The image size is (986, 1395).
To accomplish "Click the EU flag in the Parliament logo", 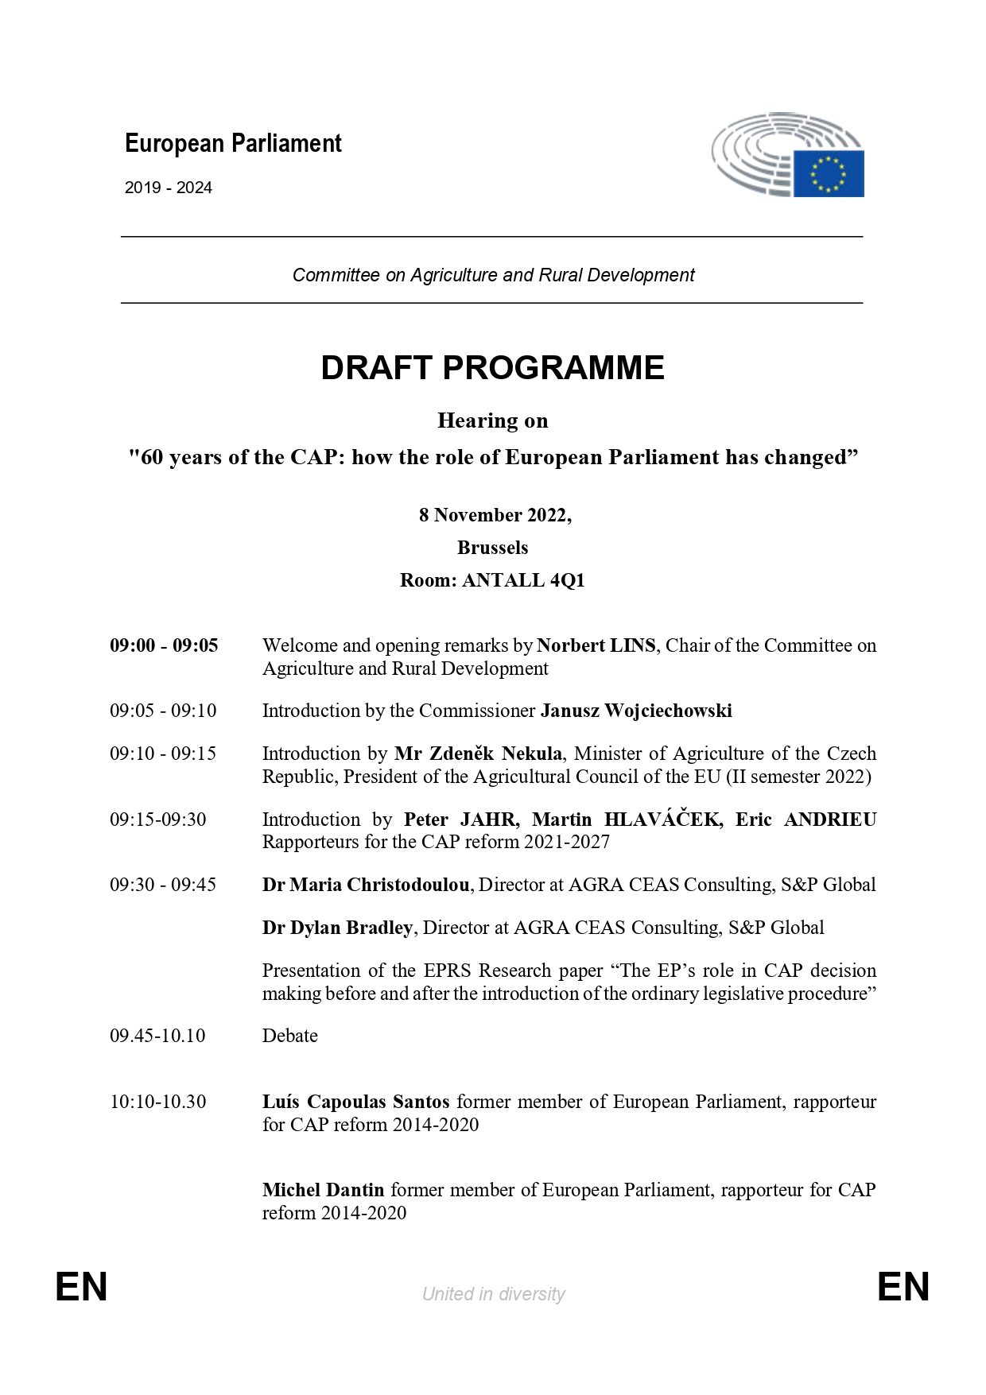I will pos(828,172).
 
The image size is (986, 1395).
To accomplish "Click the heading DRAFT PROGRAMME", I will pos(492,368).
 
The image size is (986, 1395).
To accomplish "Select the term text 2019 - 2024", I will pos(169,188).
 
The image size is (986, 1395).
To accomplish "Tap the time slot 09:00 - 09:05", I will pos(164,645).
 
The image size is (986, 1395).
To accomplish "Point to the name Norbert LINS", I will pos(596,645).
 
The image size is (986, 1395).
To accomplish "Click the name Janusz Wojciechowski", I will pos(636,711).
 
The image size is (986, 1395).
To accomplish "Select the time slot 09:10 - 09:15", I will pos(163,754).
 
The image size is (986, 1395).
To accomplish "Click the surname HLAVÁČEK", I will pos(663,820).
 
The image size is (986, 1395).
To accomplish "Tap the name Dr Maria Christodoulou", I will pos(366,885).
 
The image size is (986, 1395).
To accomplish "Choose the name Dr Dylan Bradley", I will pos(337,928).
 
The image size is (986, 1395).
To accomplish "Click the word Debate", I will pos(290,1036).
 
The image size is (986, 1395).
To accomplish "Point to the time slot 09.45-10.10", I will pos(157,1036).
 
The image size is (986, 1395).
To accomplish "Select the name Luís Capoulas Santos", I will pos(356,1102).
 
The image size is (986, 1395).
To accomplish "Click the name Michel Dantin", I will pos(324,1190).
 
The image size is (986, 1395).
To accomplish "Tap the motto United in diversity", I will pos(493,1294).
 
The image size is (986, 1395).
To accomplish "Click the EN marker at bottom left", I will pos(81,1287).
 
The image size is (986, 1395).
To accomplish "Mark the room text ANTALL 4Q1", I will pos(523,580).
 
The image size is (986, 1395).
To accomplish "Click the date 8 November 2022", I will pos(494,515).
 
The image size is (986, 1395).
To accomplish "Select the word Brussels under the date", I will pos(492,548).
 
